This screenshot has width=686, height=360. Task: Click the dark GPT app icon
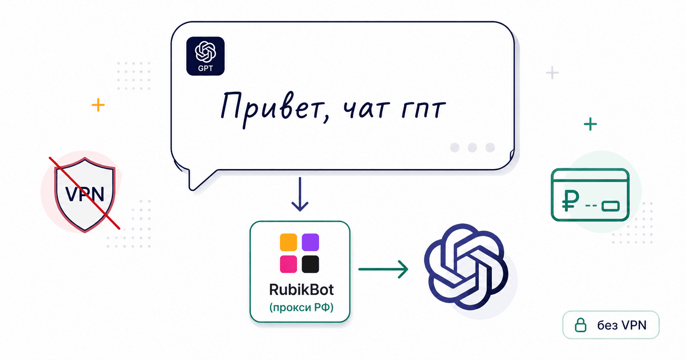coord(205,56)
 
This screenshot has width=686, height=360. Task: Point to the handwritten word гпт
coord(423,109)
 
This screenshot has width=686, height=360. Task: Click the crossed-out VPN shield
coord(85,194)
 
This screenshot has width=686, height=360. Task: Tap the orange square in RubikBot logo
coord(288,242)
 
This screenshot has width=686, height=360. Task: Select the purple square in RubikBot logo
coord(310,242)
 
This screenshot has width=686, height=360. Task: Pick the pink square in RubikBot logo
coord(288,264)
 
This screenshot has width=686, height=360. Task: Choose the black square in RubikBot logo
coord(310,264)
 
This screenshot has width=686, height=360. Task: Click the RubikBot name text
coord(301,290)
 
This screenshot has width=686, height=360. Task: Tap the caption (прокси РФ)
coord(301,307)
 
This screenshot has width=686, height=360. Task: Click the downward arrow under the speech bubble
coord(300,194)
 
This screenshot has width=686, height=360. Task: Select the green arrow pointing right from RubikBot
coord(383,269)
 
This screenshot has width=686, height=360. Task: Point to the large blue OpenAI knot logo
coord(466,267)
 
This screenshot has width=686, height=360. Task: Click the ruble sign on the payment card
coord(571,200)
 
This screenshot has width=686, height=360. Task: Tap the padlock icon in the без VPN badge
coord(581,325)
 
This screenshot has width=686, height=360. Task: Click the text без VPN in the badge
coord(622,325)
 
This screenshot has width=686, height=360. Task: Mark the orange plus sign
coord(98,105)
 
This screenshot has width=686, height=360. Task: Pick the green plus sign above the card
coord(590,124)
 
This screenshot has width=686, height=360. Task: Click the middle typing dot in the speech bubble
coord(472,147)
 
